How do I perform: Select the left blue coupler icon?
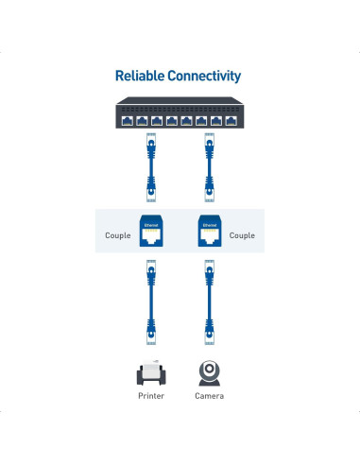pyautogui.click(x=149, y=234)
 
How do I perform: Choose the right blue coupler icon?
pyautogui.click(x=210, y=234)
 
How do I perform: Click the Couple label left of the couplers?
pyautogui.click(x=118, y=235)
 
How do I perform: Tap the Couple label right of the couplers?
pyautogui.click(x=242, y=235)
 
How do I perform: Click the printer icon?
pyautogui.click(x=150, y=372)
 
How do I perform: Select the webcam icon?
pyautogui.click(x=210, y=371)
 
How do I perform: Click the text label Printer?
pyautogui.click(x=150, y=396)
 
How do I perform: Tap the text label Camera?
pyautogui.click(x=210, y=396)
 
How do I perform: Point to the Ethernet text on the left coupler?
pyautogui.click(x=149, y=225)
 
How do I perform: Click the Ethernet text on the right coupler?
pyautogui.click(x=210, y=225)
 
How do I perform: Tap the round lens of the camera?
pyautogui.click(x=210, y=368)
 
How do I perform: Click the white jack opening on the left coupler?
pyautogui.click(x=149, y=239)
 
